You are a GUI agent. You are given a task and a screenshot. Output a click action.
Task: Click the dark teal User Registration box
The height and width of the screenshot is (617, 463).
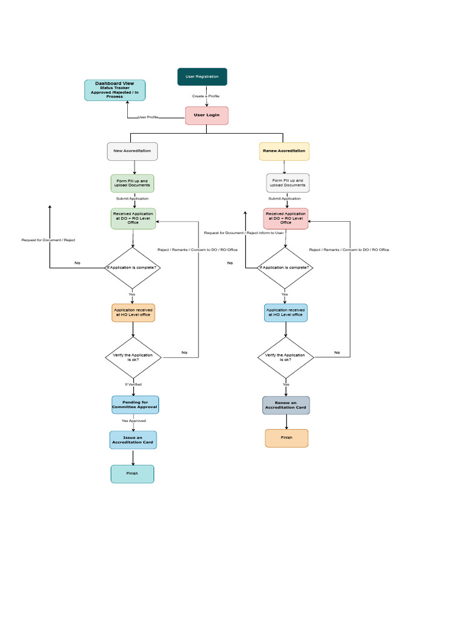(202, 77)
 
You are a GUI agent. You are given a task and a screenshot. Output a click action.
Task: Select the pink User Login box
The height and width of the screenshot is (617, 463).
(207, 115)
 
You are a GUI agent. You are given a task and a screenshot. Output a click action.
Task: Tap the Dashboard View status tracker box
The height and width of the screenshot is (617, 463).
(115, 90)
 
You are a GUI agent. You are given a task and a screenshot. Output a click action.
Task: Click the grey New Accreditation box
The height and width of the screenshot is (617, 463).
(133, 151)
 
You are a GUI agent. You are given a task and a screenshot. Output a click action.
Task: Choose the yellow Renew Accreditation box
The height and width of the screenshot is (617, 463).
(284, 151)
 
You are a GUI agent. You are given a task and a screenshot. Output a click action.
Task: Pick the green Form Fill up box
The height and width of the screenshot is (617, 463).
(133, 183)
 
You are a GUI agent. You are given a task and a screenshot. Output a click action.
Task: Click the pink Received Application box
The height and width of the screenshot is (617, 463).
(286, 219)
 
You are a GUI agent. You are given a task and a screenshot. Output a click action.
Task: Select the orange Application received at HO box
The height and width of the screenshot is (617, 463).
(133, 313)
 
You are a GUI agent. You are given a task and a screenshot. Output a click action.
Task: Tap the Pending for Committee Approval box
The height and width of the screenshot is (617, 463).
(135, 405)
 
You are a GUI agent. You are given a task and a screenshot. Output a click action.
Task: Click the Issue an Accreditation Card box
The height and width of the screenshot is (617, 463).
(133, 440)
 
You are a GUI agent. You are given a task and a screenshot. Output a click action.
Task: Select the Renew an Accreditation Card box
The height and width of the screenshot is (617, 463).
(286, 405)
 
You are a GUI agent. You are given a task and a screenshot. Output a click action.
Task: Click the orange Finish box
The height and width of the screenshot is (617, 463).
(286, 438)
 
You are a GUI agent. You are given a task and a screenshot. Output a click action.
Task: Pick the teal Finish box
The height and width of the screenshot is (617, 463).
(133, 474)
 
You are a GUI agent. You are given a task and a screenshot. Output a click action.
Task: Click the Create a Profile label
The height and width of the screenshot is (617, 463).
(206, 96)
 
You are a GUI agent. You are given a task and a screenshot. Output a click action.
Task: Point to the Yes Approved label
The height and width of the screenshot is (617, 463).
(133, 421)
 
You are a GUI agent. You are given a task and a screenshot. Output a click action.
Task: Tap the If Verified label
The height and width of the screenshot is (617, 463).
(133, 384)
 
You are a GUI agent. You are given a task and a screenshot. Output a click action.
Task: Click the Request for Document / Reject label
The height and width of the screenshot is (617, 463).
(48, 240)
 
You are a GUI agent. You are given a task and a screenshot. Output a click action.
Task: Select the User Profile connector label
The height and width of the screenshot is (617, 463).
(148, 117)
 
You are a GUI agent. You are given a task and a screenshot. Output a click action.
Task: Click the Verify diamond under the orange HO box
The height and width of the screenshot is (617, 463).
(133, 358)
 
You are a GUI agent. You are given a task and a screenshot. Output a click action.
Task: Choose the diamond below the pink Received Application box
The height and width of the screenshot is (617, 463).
(285, 268)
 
